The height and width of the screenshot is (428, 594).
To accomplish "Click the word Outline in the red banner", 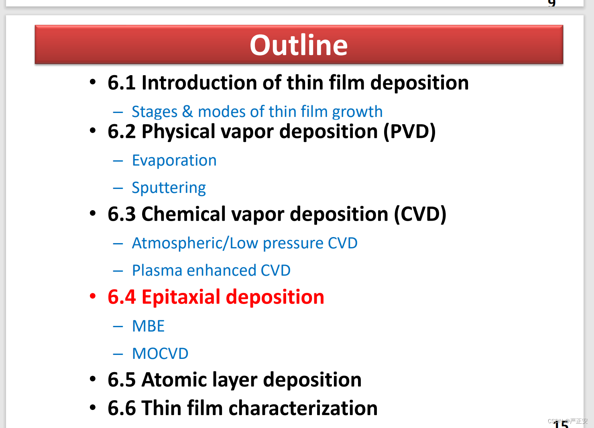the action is pyautogui.click(x=299, y=45).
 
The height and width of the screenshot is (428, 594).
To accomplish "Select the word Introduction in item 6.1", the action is pyautogui.click(x=199, y=82).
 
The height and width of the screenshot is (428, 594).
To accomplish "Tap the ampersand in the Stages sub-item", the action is pyautogui.click(x=187, y=111).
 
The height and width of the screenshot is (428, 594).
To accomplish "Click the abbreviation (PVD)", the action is pyautogui.click(x=409, y=131).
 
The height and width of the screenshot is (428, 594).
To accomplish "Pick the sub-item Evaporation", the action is pyautogui.click(x=174, y=160).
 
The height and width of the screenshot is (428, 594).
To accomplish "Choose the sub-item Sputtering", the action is pyautogui.click(x=169, y=188).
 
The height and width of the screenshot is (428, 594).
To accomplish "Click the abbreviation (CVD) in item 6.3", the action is pyautogui.click(x=420, y=214).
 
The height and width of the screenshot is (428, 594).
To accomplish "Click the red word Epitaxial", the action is pyautogui.click(x=181, y=297).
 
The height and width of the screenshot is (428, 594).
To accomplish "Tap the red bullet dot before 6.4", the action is pyautogui.click(x=93, y=296).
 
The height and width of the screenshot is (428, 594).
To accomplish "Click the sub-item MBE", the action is pyautogui.click(x=148, y=326).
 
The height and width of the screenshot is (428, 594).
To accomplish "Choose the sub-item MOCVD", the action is pyautogui.click(x=160, y=354).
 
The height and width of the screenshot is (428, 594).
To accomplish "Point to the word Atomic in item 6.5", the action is pyautogui.click(x=174, y=380).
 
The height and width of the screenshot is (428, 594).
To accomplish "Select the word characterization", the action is pyautogui.click(x=303, y=408).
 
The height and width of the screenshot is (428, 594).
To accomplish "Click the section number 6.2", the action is pyautogui.click(x=122, y=131).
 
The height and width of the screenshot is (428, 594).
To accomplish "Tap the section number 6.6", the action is pyautogui.click(x=122, y=408).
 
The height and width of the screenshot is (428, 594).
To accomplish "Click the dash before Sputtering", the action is pyautogui.click(x=118, y=188).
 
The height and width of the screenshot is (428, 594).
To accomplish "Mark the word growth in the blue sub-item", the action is pyautogui.click(x=357, y=112).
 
